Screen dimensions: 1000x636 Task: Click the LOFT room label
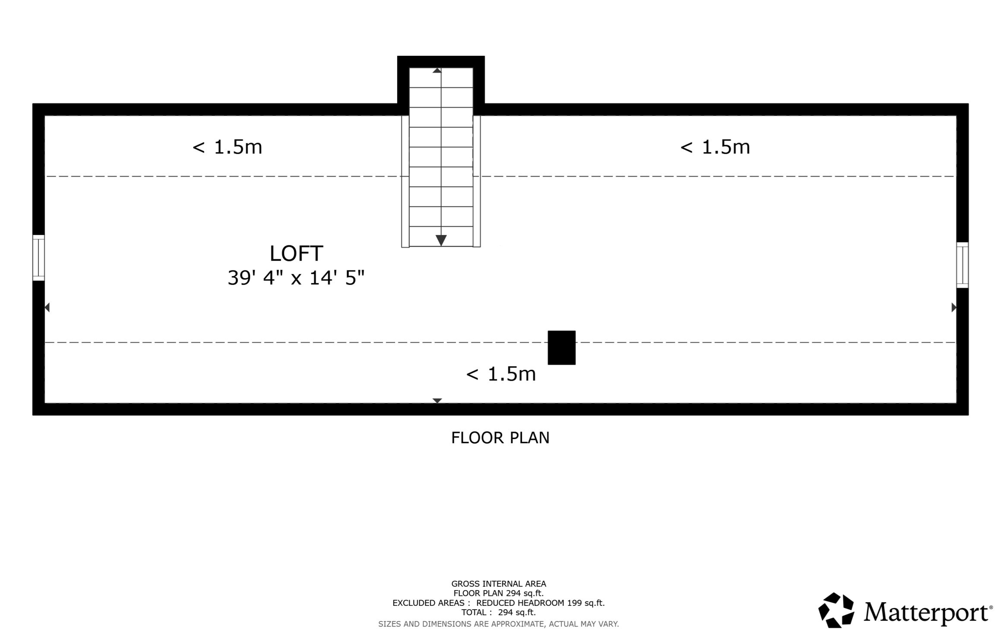point(296,254)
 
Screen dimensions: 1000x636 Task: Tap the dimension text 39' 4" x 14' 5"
point(296,277)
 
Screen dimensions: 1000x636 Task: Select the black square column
point(561,347)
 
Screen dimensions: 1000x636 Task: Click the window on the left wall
point(38,258)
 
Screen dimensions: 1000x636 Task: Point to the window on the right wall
point(962,265)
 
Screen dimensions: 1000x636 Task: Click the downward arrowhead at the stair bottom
point(441,240)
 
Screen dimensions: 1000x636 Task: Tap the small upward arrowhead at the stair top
point(437,70)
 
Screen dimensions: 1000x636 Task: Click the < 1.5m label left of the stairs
point(227,147)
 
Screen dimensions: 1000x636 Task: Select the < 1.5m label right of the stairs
point(715,147)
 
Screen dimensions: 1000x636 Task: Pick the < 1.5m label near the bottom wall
point(501,374)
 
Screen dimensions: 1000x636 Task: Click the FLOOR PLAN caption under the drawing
point(500,438)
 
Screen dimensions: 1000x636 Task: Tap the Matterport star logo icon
point(836,610)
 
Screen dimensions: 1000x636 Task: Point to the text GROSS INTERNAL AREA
point(499,584)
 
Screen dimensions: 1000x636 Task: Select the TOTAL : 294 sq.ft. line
point(499,612)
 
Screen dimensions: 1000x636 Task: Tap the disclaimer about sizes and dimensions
point(499,624)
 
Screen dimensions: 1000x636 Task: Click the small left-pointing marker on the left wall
point(47,307)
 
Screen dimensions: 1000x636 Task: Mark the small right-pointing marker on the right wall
point(954,307)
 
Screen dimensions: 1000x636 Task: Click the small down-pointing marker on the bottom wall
point(437,401)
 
